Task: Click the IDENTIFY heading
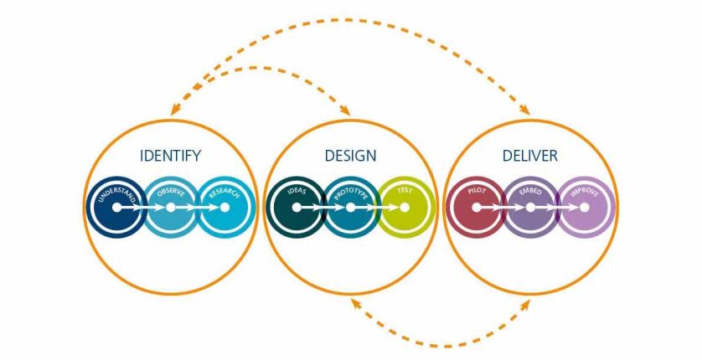point(171,156)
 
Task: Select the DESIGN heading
point(350,156)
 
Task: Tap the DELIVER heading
point(530,156)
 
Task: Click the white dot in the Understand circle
point(116,208)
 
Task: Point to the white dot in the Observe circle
point(171,208)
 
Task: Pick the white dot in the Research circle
point(225,208)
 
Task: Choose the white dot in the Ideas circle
point(297,208)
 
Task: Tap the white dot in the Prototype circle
point(350,208)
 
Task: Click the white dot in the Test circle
point(405,208)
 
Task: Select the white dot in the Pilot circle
point(477,208)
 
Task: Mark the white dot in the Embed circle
point(530,208)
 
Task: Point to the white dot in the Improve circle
point(584,208)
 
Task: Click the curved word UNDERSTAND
point(116,193)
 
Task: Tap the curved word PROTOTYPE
point(350,193)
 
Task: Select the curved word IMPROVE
point(584,193)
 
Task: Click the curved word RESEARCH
point(225,193)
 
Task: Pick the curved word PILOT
point(477,191)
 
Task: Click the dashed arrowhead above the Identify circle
point(175,110)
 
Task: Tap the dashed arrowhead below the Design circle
point(356,304)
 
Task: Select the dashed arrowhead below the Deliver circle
point(524,305)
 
